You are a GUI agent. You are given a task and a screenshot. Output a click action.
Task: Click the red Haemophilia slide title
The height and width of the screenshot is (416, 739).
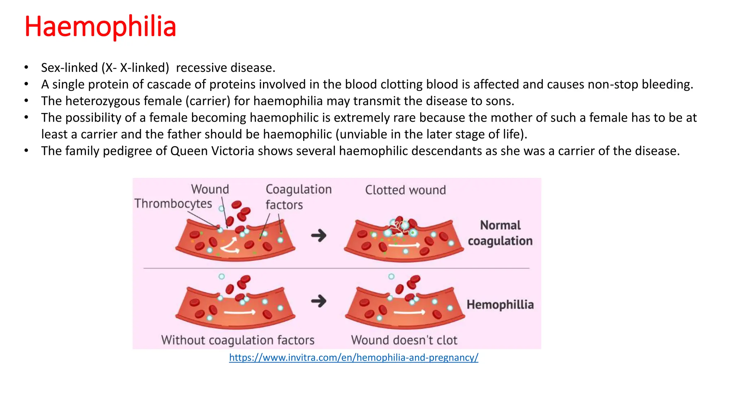coord(100,27)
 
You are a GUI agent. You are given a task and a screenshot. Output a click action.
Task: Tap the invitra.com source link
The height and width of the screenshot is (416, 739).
coord(353,357)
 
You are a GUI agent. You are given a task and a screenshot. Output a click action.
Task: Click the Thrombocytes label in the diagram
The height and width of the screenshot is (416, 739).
coord(173,204)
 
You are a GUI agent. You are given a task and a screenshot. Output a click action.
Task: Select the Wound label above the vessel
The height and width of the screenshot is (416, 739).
coord(210,189)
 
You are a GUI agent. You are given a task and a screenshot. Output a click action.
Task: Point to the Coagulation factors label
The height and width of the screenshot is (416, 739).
coord(298,197)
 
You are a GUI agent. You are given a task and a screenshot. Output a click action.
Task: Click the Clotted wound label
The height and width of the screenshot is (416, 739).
coord(405,190)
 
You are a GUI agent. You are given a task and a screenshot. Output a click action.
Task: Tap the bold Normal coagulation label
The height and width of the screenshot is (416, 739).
coord(500,233)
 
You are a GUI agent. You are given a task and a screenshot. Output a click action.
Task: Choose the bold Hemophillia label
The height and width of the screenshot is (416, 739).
coord(500,304)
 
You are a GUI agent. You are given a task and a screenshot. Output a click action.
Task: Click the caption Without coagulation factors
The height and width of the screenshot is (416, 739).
coord(238,340)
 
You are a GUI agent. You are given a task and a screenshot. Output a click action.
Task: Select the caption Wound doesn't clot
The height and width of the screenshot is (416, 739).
coord(404,340)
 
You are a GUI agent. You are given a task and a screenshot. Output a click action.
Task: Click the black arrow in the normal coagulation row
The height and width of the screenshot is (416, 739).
coord(319,235)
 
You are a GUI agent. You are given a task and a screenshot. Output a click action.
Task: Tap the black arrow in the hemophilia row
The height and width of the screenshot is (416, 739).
coord(319,301)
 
